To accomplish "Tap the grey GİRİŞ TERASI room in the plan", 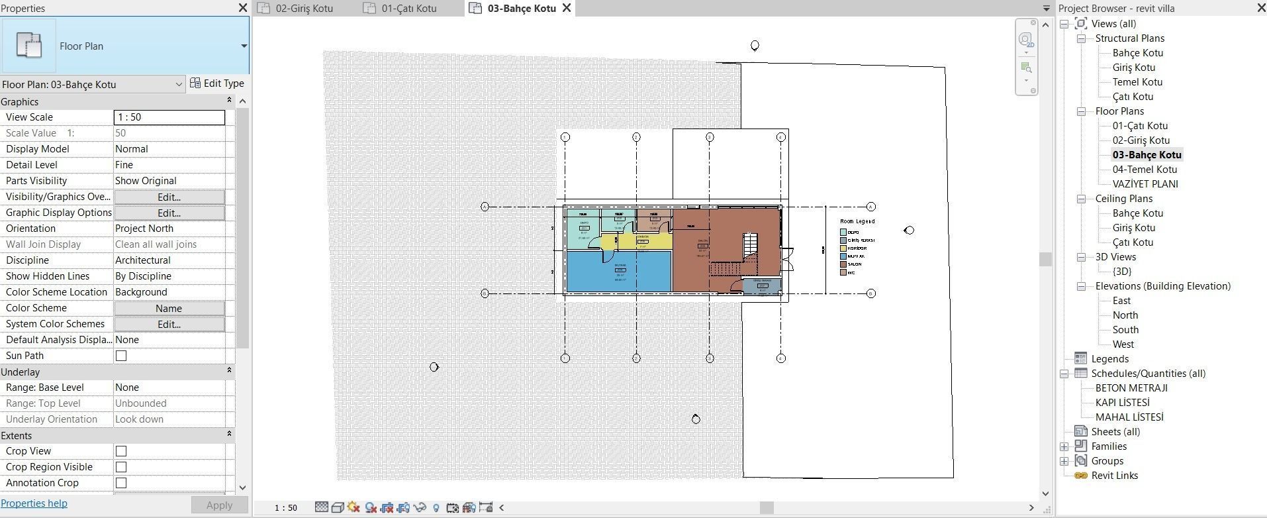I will pyautogui.click(x=762, y=286).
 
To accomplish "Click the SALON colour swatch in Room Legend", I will pyautogui.click(x=843, y=264).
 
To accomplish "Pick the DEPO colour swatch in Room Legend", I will pyautogui.click(x=843, y=233).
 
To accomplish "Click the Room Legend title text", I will pyautogui.click(x=857, y=221).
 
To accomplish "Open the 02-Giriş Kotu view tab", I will pyautogui.click(x=304, y=9).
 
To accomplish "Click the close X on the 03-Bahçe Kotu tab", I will pyautogui.click(x=567, y=8).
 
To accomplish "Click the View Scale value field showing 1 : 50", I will pyautogui.click(x=169, y=117).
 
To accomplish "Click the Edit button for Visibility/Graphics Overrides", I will pyautogui.click(x=169, y=197).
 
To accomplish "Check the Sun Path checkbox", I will pyautogui.click(x=121, y=356).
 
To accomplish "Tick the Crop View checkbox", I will pyautogui.click(x=121, y=451).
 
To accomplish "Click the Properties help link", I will pyautogui.click(x=34, y=503).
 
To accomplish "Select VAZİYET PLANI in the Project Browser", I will pyautogui.click(x=1145, y=184).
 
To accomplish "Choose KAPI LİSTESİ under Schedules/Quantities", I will pyautogui.click(x=1122, y=403).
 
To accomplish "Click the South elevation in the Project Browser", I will pyautogui.click(x=1125, y=330).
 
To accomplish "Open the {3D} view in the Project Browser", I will pyautogui.click(x=1122, y=272).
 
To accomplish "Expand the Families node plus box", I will pyautogui.click(x=1064, y=446).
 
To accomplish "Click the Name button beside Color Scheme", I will pyautogui.click(x=169, y=308).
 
